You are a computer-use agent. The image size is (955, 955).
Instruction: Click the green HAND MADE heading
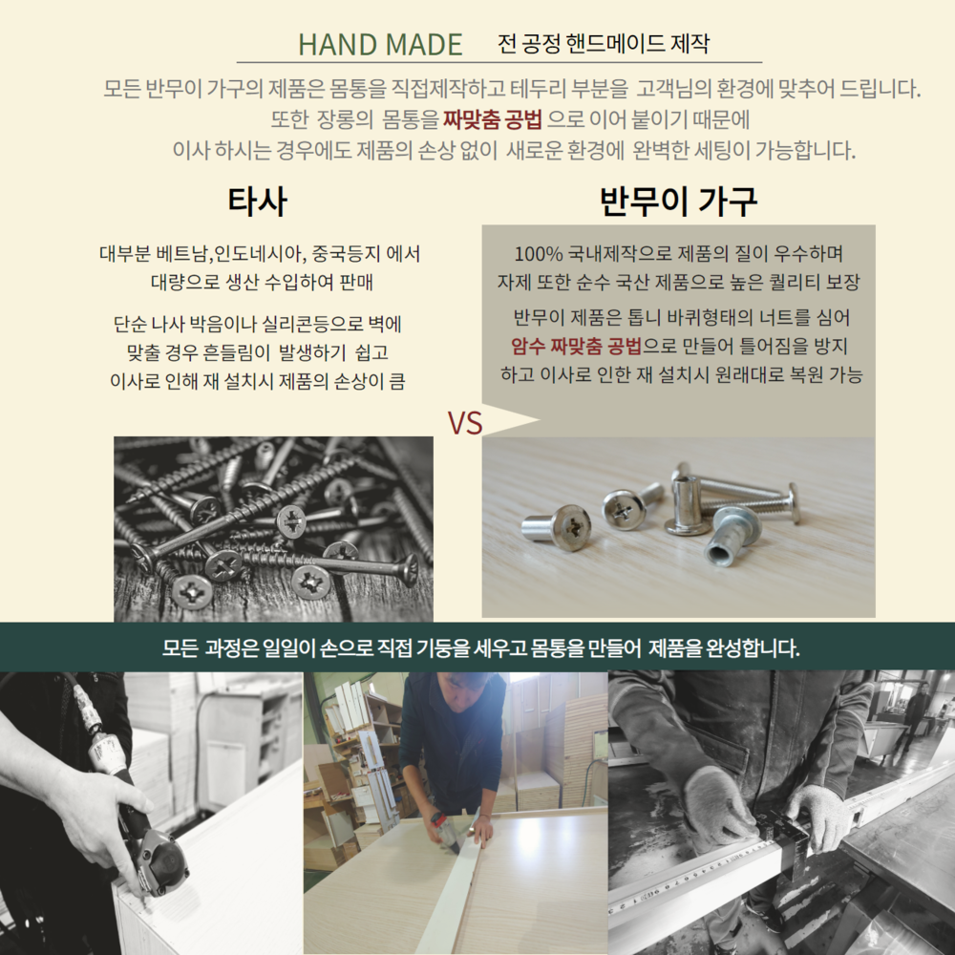[380, 45]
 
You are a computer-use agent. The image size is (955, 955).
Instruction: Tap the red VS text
[465, 423]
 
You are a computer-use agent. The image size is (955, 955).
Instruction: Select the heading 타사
[257, 201]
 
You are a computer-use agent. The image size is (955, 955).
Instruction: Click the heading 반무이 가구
[678, 201]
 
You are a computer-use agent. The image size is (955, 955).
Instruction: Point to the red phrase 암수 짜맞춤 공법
[576, 346]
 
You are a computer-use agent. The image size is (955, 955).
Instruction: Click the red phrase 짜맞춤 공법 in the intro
[492, 118]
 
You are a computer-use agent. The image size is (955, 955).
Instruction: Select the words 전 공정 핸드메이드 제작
[603, 43]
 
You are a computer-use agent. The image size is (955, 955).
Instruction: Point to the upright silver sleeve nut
[687, 502]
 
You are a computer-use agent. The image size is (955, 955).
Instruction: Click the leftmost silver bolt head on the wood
[558, 527]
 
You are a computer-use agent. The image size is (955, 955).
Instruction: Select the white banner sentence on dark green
[481, 648]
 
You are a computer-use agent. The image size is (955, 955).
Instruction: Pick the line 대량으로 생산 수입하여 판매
[262, 282]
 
